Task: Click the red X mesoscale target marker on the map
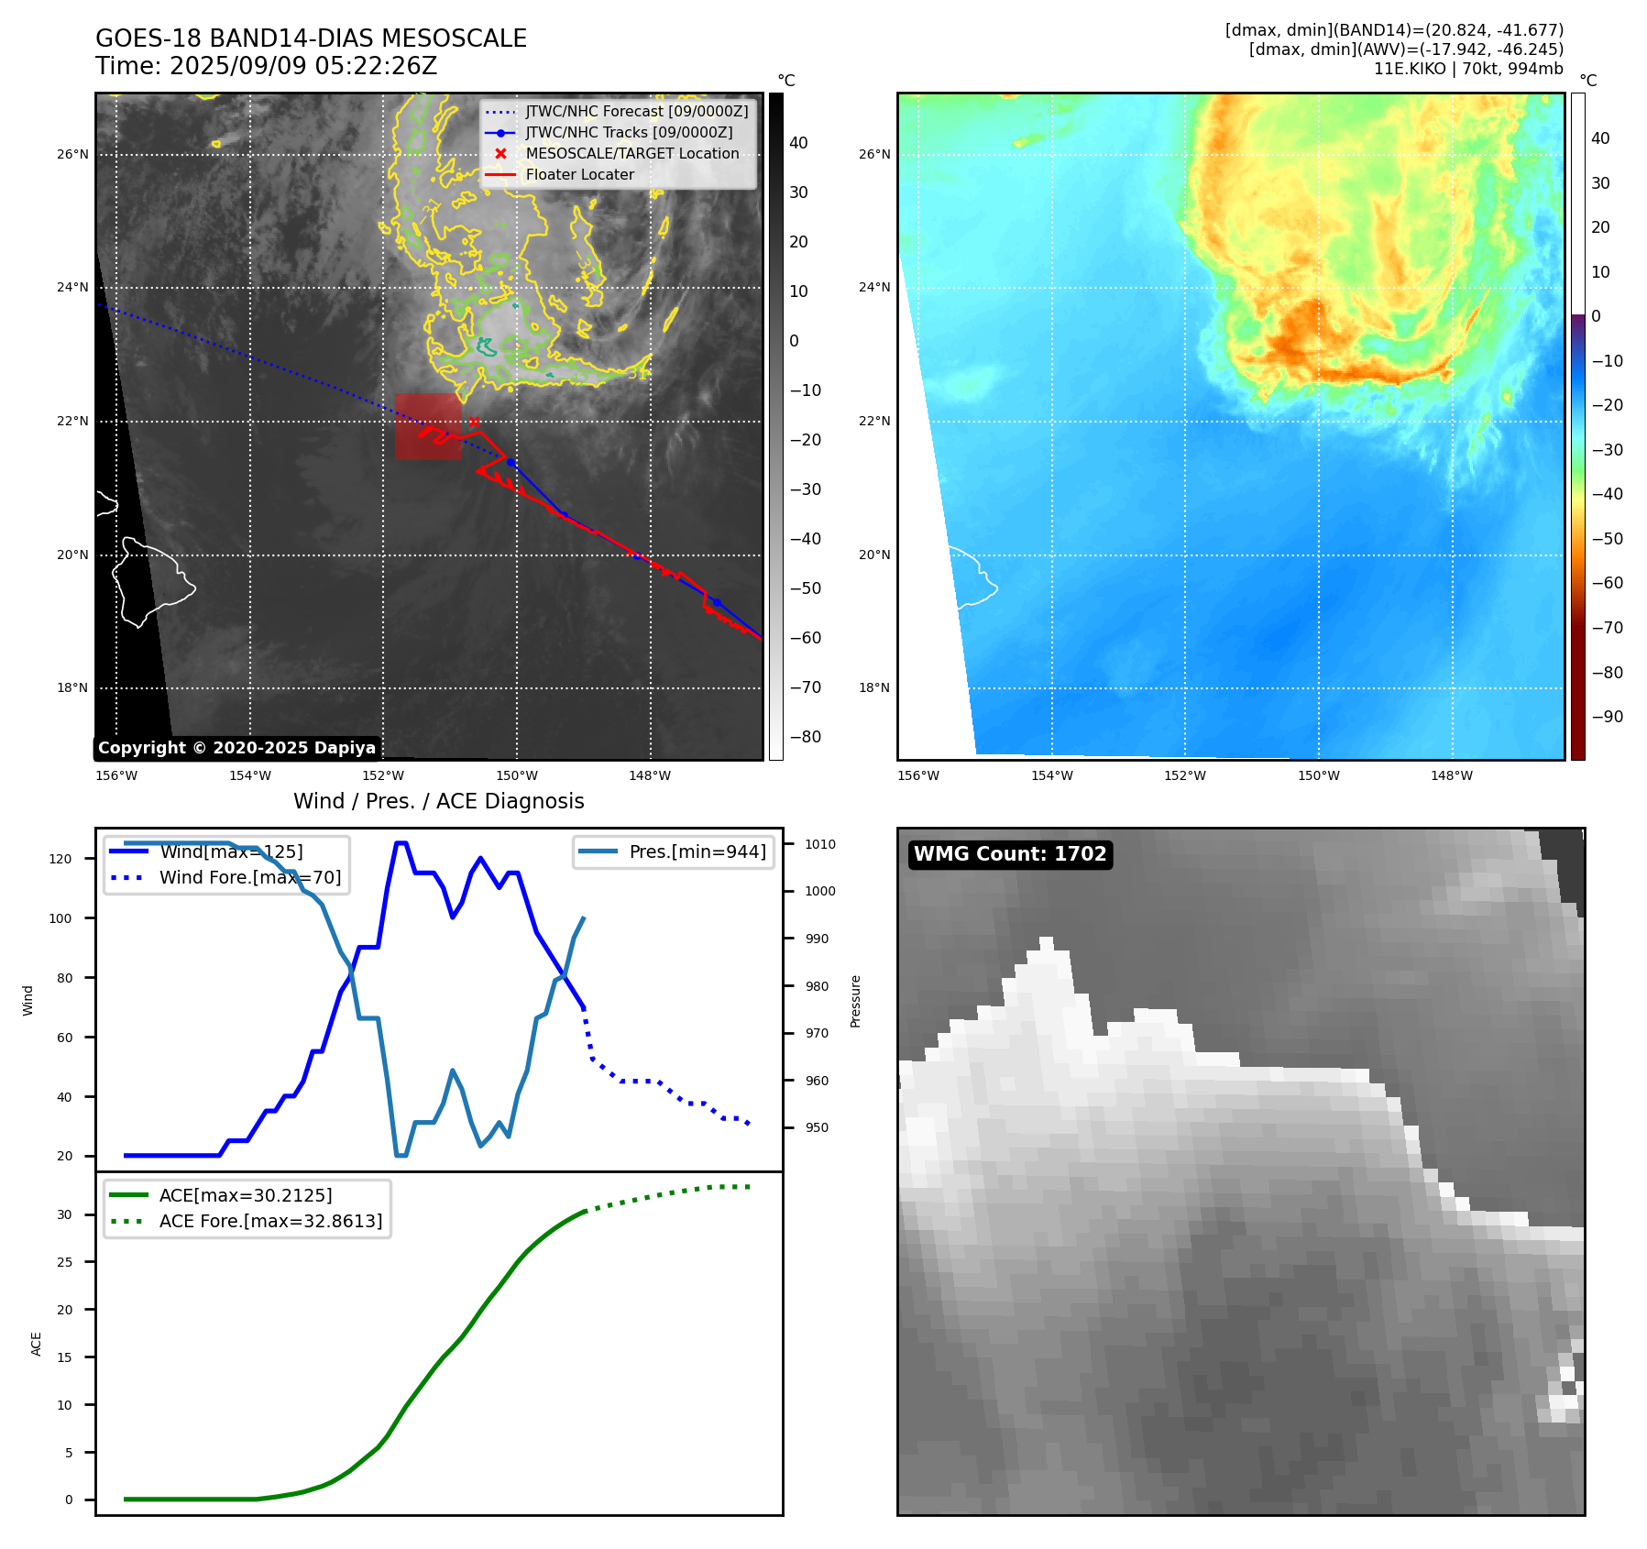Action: point(474,422)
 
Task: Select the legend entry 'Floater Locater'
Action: point(579,175)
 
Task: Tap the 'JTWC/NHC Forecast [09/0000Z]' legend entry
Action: point(636,112)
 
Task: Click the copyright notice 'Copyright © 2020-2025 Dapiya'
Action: point(236,748)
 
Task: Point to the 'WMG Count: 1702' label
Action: point(1010,854)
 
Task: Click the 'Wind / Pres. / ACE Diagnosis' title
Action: point(438,801)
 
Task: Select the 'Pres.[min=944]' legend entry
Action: point(697,851)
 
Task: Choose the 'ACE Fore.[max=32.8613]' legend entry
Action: point(270,1221)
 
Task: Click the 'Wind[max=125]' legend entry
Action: point(231,851)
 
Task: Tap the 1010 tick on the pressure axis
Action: point(820,844)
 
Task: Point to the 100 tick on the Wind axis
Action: point(60,918)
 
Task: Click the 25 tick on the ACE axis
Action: point(64,1262)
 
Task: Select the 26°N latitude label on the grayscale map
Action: point(72,154)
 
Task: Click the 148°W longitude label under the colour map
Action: point(1452,775)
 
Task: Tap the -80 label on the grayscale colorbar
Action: point(806,737)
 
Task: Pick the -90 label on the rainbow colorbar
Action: point(1608,717)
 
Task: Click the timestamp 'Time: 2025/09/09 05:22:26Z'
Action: point(266,66)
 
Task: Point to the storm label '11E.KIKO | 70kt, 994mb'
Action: point(1468,69)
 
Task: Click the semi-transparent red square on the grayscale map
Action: point(428,426)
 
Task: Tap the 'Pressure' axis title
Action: point(855,1001)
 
